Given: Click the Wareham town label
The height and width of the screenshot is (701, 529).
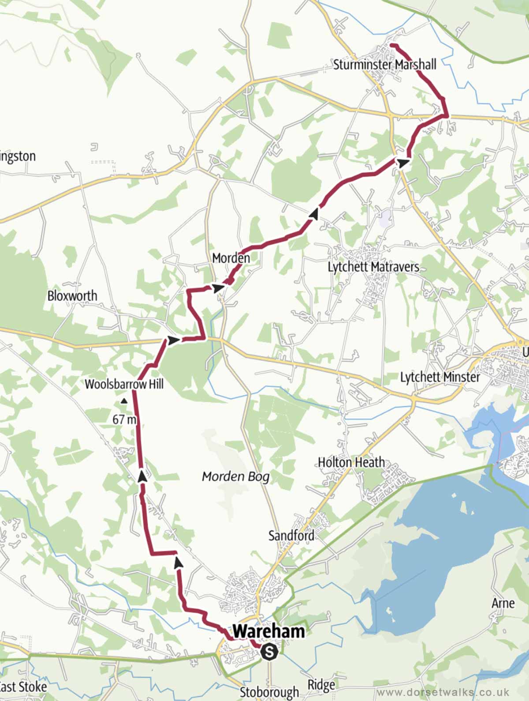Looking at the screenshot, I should [x=268, y=631].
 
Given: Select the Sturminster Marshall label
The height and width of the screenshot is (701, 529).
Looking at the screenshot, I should [x=384, y=65].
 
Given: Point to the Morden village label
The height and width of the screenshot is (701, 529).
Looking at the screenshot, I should [x=231, y=258].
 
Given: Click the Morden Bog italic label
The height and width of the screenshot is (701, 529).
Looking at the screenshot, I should [x=235, y=476].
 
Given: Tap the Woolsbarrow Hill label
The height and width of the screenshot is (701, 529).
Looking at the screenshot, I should [x=124, y=384].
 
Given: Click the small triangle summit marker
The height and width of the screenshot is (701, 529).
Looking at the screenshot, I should [x=124, y=401].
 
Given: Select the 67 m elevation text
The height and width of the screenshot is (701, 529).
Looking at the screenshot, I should [x=124, y=419].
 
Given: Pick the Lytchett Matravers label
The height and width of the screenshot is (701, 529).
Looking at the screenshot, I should [x=373, y=267].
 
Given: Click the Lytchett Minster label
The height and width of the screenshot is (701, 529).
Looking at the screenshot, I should [x=440, y=377].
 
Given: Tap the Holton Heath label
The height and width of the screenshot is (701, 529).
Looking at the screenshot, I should [x=351, y=462].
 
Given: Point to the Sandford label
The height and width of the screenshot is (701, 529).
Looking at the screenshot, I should [x=291, y=535].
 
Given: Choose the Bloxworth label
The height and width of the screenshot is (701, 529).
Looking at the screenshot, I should [x=72, y=295].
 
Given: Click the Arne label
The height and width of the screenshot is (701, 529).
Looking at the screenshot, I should [x=503, y=603].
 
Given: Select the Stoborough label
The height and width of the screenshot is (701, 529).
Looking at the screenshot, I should [x=269, y=692].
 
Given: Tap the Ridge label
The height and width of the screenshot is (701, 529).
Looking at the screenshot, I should [x=321, y=685].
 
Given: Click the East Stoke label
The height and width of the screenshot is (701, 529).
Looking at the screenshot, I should [x=23, y=687].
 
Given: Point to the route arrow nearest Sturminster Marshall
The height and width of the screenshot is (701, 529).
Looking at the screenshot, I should [x=402, y=151].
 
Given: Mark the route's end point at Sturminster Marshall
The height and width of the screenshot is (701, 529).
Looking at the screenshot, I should [x=391, y=45].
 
